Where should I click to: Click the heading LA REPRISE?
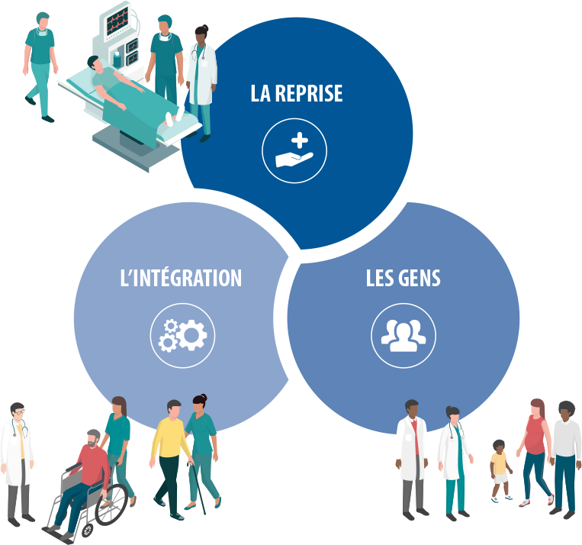[x=297, y=94]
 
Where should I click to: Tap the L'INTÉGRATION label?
[x=181, y=279]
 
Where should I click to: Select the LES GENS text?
[x=403, y=279]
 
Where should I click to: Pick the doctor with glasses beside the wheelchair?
[x=17, y=458]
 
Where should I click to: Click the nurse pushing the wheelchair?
[x=118, y=443]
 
